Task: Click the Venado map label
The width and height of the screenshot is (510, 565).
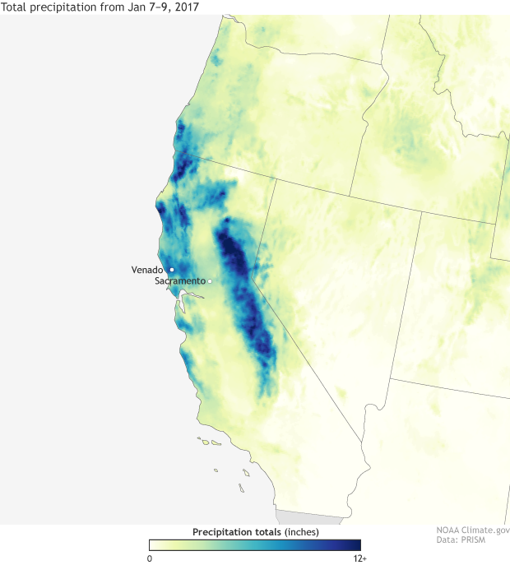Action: (x=149, y=270)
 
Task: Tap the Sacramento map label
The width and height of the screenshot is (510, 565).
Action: (x=179, y=281)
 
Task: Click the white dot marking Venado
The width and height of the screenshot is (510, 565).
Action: (x=172, y=270)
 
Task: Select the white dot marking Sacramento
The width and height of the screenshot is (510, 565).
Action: (x=210, y=281)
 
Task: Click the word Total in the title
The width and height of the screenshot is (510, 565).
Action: (x=16, y=7)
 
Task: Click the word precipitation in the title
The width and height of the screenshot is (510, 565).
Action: (x=66, y=7)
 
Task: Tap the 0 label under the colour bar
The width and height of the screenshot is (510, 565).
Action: (x=150, y=558)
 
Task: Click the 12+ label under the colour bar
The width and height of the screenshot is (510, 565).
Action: (x=359, y=558)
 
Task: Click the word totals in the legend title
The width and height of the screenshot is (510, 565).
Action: (x=262, y=532)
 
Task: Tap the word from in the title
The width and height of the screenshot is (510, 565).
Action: (x=112, y=7)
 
